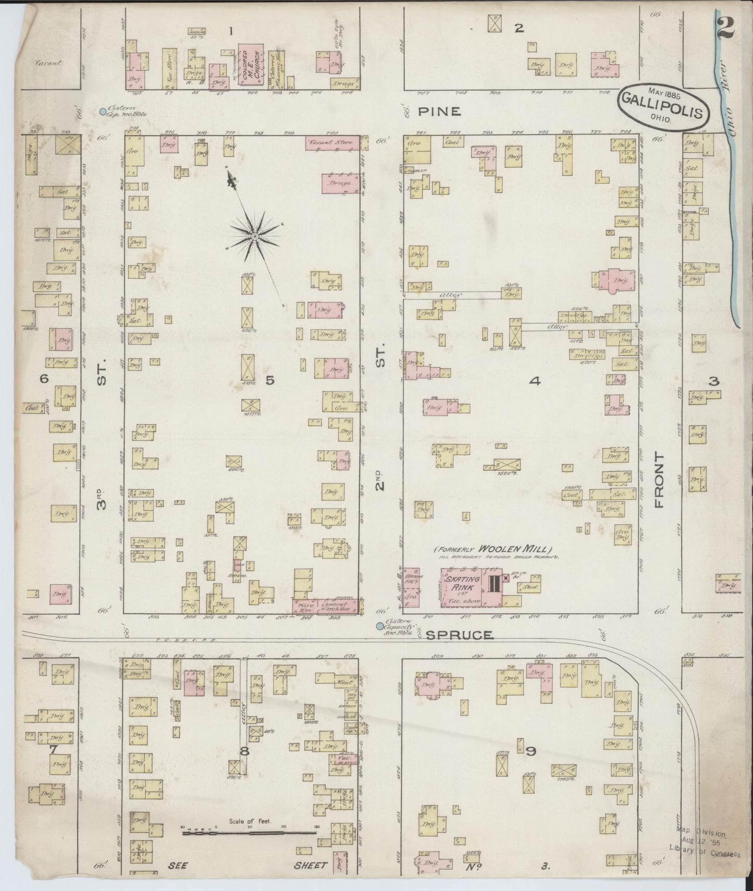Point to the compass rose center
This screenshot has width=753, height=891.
pos(254,237)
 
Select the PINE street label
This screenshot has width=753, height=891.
pos(440,112)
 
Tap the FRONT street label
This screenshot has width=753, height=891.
pos(660,480)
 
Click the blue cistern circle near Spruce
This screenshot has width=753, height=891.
pos(380,626)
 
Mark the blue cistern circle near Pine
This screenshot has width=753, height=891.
pos(103,111)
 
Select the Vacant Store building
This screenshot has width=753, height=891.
pos(332,142)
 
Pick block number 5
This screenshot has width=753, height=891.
pos(269,380)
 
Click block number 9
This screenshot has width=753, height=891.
pos(530,751)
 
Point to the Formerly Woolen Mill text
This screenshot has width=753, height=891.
pos(492,549)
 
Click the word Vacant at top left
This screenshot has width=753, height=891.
pos(48,63)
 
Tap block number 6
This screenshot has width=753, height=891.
pos(44,379)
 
